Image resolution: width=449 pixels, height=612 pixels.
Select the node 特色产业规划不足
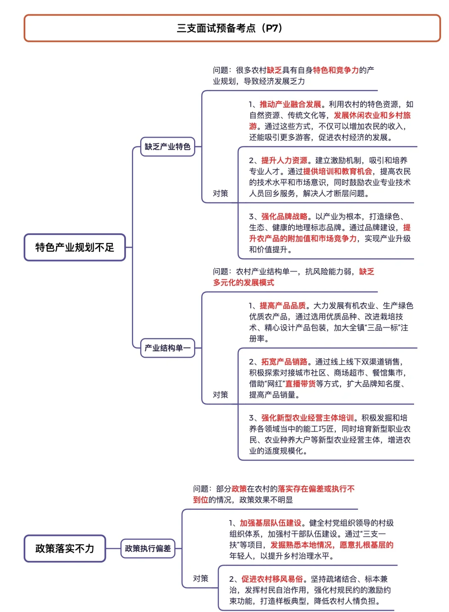pyautogui.click(x=75, y=247)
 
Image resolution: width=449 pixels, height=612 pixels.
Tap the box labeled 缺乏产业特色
pyautogui.click(x=168, y=147)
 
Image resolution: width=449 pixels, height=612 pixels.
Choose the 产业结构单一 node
pyautogui.click(x=168, y=348)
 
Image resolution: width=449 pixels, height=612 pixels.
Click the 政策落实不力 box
pyautogui.click(x=65, y=548)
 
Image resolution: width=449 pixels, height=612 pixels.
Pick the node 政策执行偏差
pyautogui.click(x=148, y=548)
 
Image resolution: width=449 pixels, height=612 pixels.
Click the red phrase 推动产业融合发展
pyautogui.click(x=290, y=104)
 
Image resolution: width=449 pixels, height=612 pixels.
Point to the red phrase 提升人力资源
pyautogui.click(x=284, y=160)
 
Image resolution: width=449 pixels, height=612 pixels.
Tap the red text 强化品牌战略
pyautogui.click(x=284, y=217)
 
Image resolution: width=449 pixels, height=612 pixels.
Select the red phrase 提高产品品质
pyautogui.click(x=283, y=306)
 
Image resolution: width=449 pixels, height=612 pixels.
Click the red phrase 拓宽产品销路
pyautogui.click(x=284, y=362)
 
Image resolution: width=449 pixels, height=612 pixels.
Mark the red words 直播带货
pyautogui.click(x=300, y=384)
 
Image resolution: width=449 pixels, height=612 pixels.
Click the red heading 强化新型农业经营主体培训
pyautogui.click(x=307, y=418)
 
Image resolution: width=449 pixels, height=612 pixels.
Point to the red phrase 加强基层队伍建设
pyautogui.click(x=270, y=523)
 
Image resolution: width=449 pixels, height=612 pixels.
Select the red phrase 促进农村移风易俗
pyautogui.click(x=272, y=579)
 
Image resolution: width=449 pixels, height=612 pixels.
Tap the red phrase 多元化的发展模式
pyautogui.click(x=244, y=283)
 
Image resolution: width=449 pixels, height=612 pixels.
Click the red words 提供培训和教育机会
pyautogui.click(x=338, y=171)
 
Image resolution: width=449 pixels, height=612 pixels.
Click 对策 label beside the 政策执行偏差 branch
pyautogui.click(x=201, y=578)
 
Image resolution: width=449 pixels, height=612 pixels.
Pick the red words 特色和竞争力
pyautogui.click(x=336, y=70)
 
